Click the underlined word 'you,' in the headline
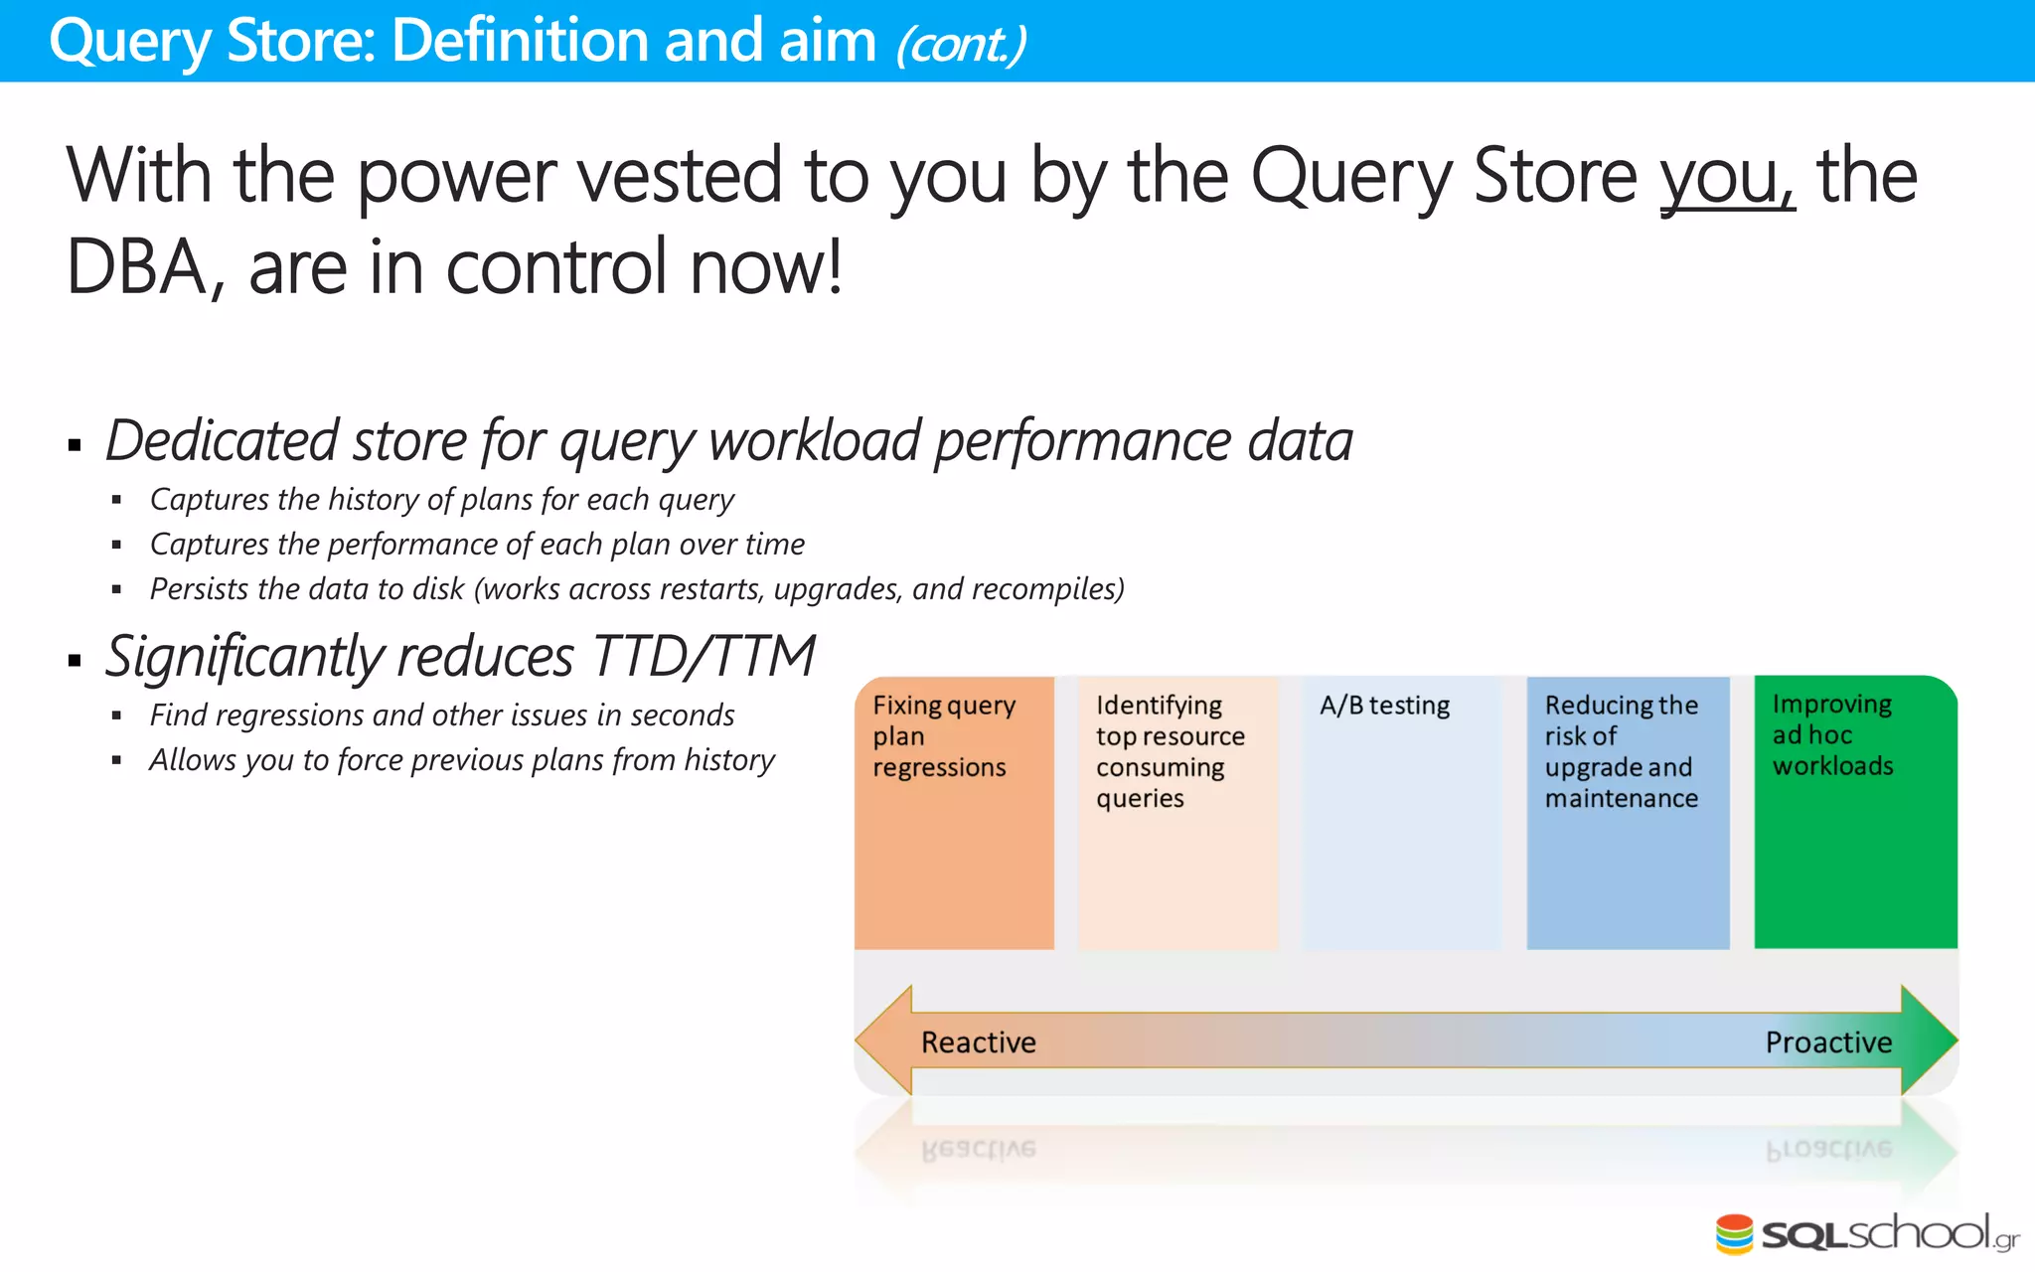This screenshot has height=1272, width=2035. (x=1727, y=177)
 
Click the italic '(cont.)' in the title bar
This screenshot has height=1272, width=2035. (x=960, y=44)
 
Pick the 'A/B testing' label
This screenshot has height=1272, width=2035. (x=1384, y=706)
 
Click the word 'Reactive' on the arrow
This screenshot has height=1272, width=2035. (x=978, y=1042)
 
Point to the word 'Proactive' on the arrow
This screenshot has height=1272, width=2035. (x=1828, y=1042)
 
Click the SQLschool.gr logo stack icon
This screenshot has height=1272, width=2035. (x=1734, y=1234)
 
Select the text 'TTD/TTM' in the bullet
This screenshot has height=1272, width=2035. (x=704, y=657)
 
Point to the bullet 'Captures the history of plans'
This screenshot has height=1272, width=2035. (x=441, y=499)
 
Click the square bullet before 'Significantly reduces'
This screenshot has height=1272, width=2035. (x=75, y=659)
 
